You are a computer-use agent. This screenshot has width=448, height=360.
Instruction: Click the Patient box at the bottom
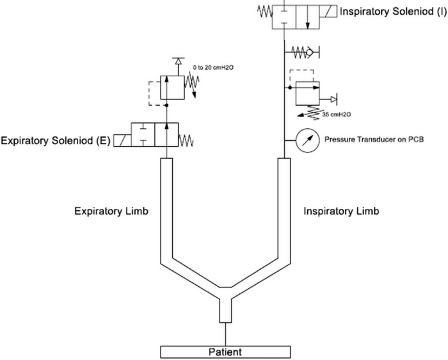[x=226, y=352]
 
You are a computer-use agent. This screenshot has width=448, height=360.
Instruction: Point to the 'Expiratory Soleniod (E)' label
[x=56, y=140]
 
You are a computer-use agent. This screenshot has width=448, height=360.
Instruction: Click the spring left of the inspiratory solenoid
[x=264, y=12]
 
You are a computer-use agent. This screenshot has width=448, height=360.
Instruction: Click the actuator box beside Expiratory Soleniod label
[x=122, y=140]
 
